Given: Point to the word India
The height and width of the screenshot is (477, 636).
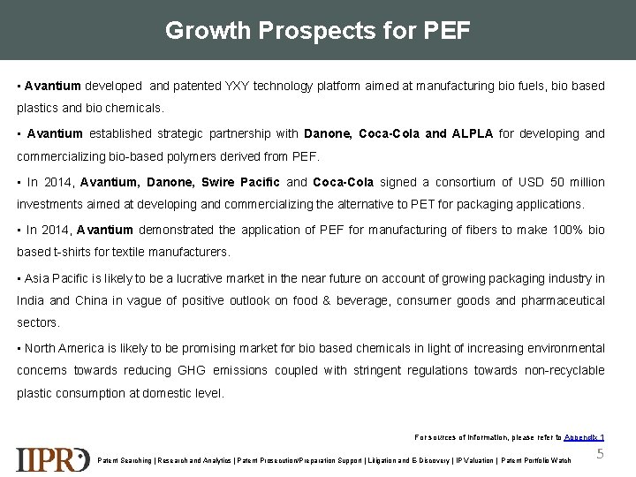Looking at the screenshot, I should (x=31, y=300).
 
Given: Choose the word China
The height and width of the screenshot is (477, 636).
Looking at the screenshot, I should (x=95, y=300).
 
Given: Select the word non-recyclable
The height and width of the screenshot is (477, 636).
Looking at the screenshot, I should (x=564, y=370).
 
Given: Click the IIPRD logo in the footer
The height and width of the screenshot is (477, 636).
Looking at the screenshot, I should (x=52, y=458).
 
